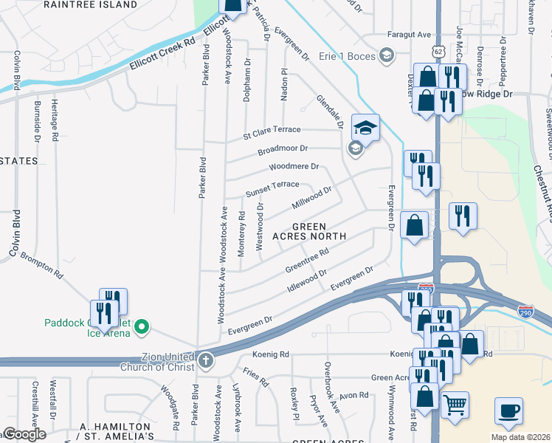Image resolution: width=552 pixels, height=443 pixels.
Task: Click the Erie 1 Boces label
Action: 347,55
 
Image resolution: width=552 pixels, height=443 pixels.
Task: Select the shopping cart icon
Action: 455,405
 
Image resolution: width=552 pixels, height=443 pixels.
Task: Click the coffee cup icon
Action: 508,411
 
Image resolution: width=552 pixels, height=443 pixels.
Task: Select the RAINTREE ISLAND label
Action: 100,4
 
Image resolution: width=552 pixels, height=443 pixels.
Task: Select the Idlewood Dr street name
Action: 307,281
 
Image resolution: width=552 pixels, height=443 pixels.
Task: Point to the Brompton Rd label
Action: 41,264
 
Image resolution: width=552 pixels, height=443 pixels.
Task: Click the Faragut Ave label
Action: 410,35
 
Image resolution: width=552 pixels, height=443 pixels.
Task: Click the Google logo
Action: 24,434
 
